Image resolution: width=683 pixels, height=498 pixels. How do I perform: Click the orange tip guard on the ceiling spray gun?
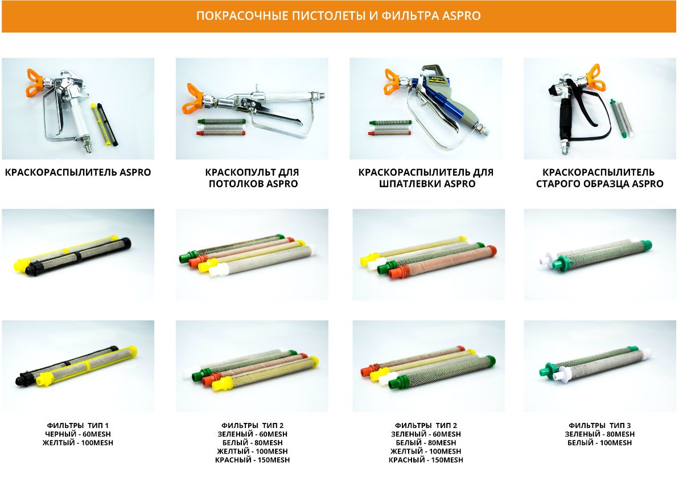[x=192, y=98]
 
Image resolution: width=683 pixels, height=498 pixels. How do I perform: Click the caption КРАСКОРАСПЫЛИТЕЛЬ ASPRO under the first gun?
[x=78, y=172]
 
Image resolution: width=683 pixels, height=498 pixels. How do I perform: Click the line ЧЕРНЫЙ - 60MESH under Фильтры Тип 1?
[x=78, y=434]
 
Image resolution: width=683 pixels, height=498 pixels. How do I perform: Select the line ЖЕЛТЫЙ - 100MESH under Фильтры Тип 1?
[x=78, y=442]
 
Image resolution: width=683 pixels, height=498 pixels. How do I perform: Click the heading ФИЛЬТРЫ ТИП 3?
[x=599, y=425]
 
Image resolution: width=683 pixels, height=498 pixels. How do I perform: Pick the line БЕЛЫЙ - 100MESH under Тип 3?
[x=599, y=442]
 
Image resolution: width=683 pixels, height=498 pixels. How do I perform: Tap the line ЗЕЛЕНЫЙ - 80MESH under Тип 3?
[x=599, y=434]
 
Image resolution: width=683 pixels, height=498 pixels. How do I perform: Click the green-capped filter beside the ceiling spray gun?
[x=221, y=121]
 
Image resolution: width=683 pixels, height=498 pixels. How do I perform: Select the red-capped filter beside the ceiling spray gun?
[x=221, y=133]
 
